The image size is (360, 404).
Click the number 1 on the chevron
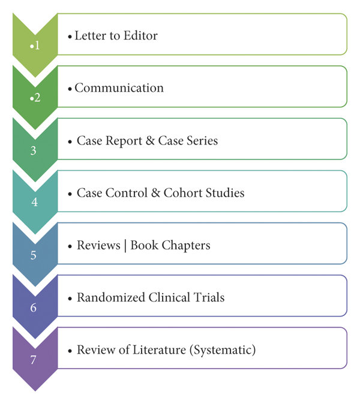pos(37,46)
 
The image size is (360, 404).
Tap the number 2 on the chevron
pos(37,98)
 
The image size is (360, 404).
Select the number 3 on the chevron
pos(34,150)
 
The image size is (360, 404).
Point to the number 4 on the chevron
pos(34,203)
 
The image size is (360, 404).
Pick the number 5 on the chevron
pos(34,255)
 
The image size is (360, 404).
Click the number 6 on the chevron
pos(34,307)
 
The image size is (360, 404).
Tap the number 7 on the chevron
pos(34,360)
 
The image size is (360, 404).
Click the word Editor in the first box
pos(137,35)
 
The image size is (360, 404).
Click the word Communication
pos(119,88)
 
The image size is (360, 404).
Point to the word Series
pos(202,141)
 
